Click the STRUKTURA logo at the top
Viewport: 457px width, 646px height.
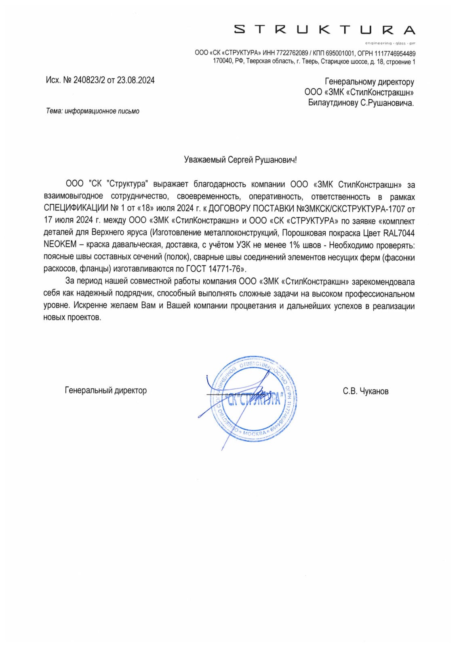324,30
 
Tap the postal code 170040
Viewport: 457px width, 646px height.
223,62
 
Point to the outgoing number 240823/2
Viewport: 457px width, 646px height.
89,80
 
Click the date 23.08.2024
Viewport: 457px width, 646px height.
136,80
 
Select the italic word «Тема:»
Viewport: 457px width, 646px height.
54,111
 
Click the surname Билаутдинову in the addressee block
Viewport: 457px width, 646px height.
333,103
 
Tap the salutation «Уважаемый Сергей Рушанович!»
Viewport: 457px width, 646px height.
240,160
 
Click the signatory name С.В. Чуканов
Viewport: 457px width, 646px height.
365,391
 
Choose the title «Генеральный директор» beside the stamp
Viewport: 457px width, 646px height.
106,390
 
